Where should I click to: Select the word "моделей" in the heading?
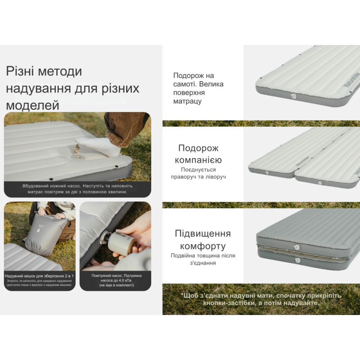pos(32,105)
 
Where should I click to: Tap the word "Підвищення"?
pos(202,234)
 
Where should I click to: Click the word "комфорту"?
pos(202,246)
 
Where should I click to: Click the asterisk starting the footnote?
pos(183,295)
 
